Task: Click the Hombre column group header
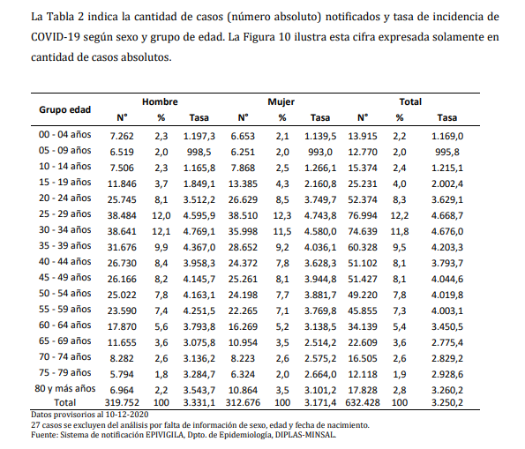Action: pos(160,101)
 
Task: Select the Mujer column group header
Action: pos(281,101)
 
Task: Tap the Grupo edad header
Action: pos(65,109)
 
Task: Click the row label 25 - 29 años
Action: pos(65,214)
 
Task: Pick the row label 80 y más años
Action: pos(65,389)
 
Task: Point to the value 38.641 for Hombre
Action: pos(122,231)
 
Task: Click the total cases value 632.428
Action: pos(363,402)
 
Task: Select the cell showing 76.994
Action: pos(363,215)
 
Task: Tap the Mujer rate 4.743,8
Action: pos(320,215)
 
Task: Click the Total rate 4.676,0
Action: pos(447,231)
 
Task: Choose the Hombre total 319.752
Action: pos(122,402)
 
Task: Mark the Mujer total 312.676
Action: pos(243,402)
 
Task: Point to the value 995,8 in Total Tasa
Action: pos(447,152)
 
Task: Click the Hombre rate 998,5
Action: pos(199,152)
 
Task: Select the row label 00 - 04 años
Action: pos(65,135)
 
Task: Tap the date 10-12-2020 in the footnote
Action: pos(127,415)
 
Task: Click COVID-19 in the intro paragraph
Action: pos(56,37)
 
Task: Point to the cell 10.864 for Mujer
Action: pos(243,391)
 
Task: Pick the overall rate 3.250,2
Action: pos(447,402)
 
